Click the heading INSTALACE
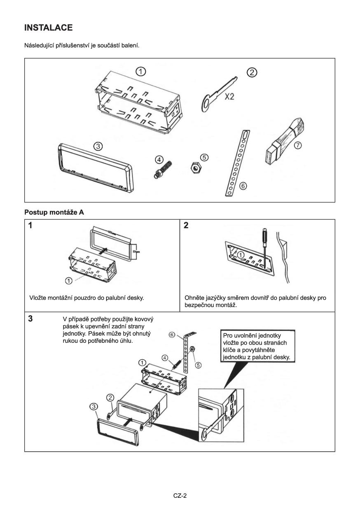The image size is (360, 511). tap(49, 28)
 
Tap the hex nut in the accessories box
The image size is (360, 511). tap(194, 168)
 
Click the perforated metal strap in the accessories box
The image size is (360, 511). tap(236, 162)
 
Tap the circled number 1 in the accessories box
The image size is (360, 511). tap(141, 71)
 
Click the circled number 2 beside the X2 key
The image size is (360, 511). tap(252, 73)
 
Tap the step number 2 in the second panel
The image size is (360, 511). tap(186, 226)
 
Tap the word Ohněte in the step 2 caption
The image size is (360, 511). tap(196, 297)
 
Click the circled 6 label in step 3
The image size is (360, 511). tap(173, 335)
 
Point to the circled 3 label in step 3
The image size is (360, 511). tap(93, 407)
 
